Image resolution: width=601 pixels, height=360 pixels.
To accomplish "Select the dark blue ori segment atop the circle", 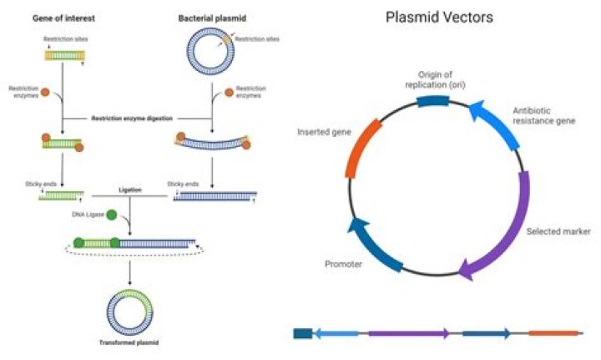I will pyautogui.click(x=433, y=101).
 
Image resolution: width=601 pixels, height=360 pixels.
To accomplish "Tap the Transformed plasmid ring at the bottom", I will pyautogui.click(x=129, y=310).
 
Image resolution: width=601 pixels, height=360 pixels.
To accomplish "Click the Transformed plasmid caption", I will pyautogui.click(x=129, y=342).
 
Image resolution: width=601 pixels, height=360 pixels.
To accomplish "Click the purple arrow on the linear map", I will pyautogui.click(x=409, y=333).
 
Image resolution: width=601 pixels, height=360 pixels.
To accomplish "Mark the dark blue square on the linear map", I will pyautogui.click(x=302, y=333).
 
